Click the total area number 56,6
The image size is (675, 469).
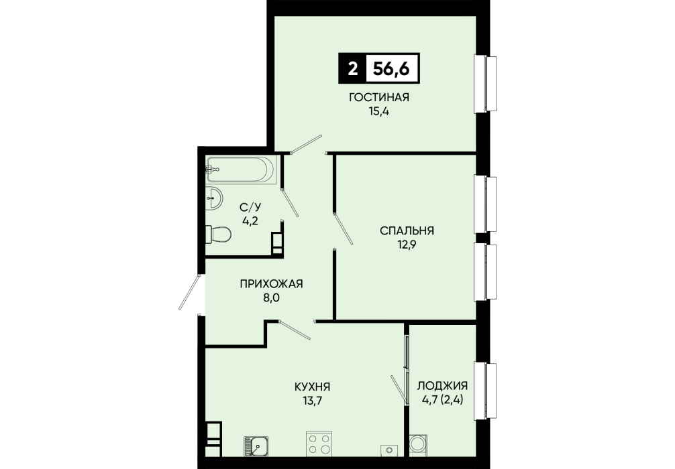coord(391,68)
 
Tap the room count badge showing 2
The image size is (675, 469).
coord(352,68)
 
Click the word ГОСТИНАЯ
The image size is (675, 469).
coord(379,98)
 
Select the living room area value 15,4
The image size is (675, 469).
coord(379,111)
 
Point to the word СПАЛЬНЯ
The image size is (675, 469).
coord(407,231)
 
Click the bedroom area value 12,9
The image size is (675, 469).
coord(407,245)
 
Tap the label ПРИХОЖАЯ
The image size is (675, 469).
coord(271,283)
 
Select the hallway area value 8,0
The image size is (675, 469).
coord(271,297)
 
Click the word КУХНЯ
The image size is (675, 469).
coord(312,387)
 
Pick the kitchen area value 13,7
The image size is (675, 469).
coord(312,401)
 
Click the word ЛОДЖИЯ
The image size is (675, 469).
coord(443,386)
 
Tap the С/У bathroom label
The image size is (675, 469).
coord(250,207)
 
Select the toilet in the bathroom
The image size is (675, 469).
coord(218,234)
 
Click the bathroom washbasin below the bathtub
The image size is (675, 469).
coord(214,198)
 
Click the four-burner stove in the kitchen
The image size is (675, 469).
coord(319,444)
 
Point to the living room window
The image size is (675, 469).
coord(485,84)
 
